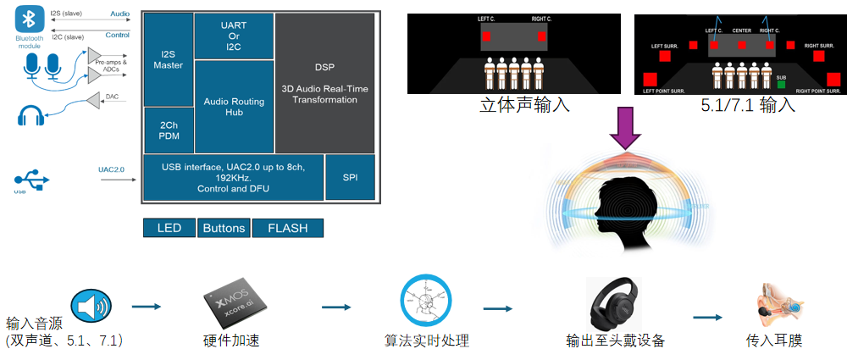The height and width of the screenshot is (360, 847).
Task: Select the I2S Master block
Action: coord(168,59)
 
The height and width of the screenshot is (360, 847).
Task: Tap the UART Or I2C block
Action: coord(234,36)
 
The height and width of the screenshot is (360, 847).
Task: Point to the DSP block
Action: coord(324,83)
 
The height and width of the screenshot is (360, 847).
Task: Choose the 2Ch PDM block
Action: coord(168,130)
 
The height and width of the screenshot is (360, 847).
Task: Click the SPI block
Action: coord(350,178)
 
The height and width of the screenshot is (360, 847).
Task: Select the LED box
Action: coord(169,228)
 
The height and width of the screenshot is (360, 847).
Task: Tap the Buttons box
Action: coord(224,228)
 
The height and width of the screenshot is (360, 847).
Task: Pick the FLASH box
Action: coord(288,228)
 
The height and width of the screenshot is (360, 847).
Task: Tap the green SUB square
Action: coord(780,84)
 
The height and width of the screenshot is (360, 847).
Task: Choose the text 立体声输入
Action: coord(513,106)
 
